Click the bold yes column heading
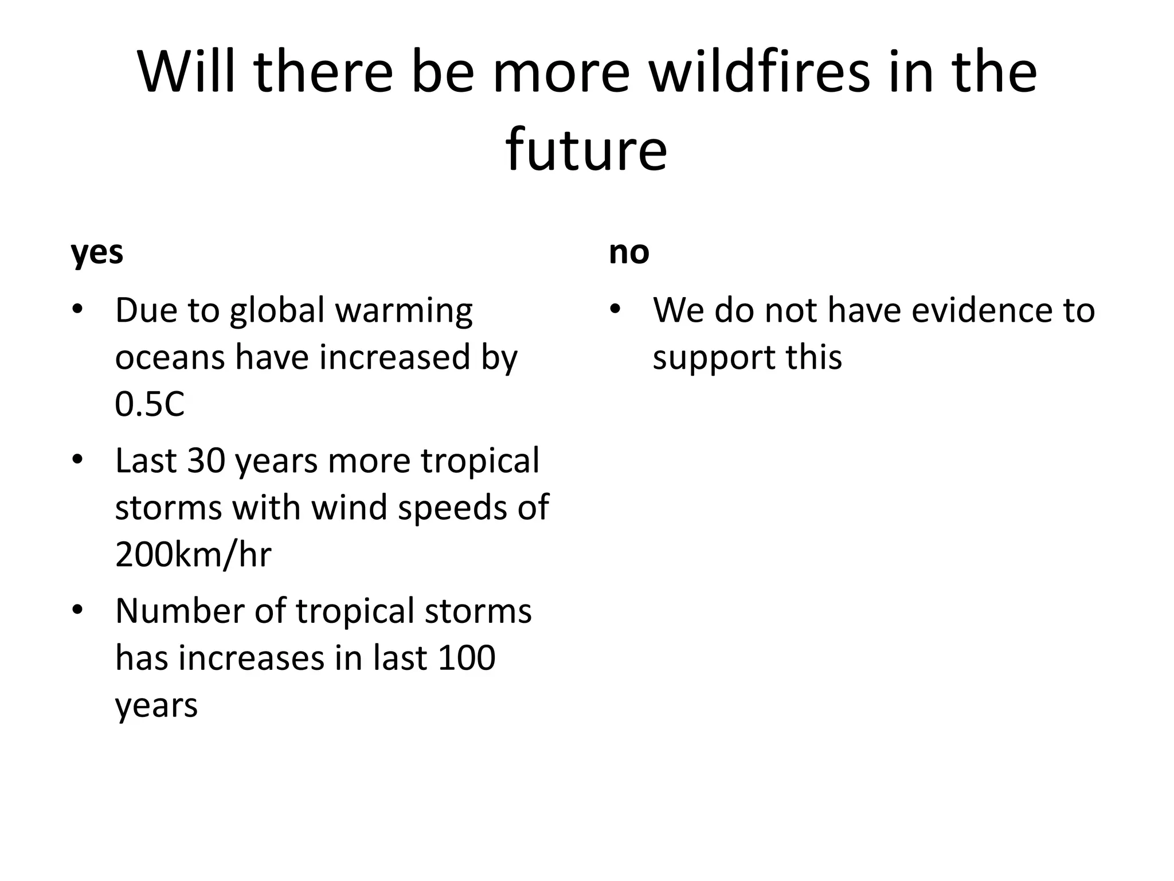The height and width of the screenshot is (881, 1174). point(97,253)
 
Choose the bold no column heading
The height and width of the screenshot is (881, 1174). point(629,252)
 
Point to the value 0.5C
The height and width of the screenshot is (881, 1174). point(150,404)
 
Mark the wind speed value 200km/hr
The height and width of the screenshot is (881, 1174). point(193,555)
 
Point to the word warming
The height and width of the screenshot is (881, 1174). point(404,311)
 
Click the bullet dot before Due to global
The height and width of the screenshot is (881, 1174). point(77,310)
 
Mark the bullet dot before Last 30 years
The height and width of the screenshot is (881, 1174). point(77,461)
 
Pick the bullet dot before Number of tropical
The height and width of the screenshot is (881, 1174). point(77,611)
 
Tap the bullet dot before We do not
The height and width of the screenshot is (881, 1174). point(615,310)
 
